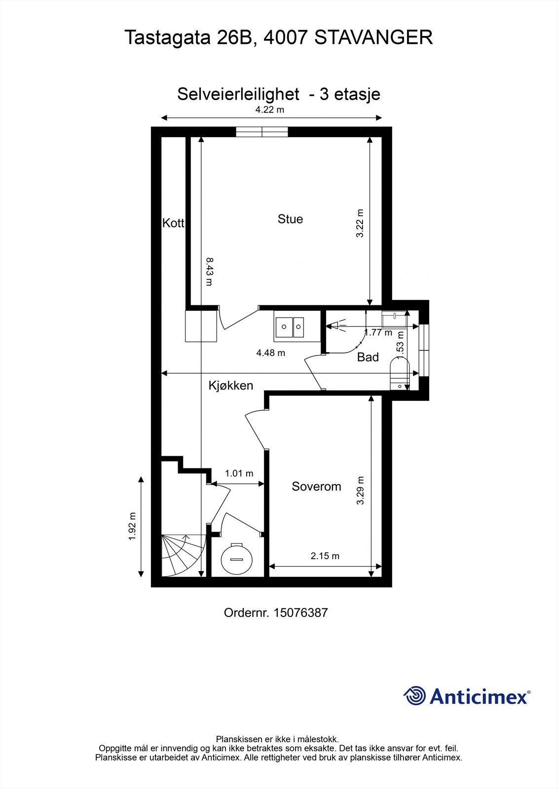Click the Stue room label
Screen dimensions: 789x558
point(290,219)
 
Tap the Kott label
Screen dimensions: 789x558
point(173,223)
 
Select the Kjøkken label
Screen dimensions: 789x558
point(231,386)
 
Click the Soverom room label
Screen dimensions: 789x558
point(316,487)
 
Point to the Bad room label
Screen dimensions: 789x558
point(368,357)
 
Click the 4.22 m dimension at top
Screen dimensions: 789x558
point(269,109)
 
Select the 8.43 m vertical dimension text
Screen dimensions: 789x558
point(210,271)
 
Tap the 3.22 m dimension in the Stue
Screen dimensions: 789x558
point(360,223)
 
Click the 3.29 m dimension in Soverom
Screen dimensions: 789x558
point(360,490)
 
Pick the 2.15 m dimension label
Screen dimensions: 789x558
point(325,556)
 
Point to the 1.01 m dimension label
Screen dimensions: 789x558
point(239,473)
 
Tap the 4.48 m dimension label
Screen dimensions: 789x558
point(270,353)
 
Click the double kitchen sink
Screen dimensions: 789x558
point(290,326)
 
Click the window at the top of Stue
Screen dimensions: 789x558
point(261,131)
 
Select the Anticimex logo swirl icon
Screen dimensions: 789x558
point(414,696)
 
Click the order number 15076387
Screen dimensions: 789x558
point(300,613)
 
